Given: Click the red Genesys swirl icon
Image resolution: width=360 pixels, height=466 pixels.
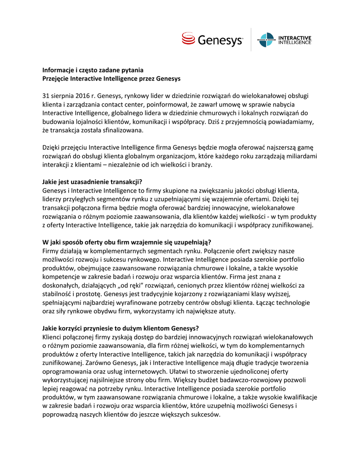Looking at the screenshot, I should tap(189, 39).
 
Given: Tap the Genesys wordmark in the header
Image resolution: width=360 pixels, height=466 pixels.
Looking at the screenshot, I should tap(220, 41).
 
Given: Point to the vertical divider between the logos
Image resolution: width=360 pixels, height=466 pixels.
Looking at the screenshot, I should tap(251, 40).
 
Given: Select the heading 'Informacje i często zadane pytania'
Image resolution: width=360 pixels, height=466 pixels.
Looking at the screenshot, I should tap(93, 70).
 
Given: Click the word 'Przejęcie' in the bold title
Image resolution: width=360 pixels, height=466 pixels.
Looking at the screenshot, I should tap(56, 78).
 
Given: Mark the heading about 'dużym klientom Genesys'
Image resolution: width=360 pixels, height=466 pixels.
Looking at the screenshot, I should tap(121, 328).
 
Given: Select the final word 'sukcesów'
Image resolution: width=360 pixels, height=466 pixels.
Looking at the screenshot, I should tap(205, 414).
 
